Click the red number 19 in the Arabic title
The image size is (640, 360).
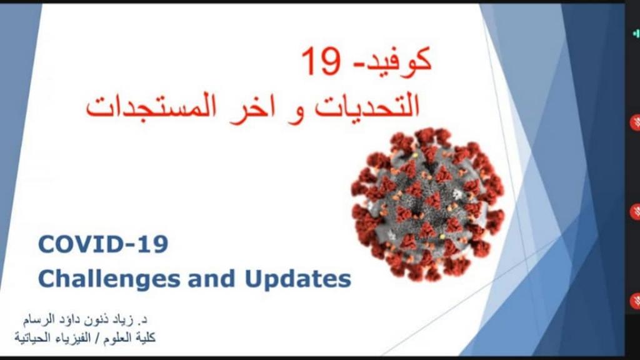(x=321, y=61)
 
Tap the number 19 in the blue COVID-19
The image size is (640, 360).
(x=155, y=244)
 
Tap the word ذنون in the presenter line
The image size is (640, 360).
(x=96, y=320)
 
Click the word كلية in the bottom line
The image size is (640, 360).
(x=145, y=338)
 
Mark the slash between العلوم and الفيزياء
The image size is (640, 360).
(x=97, y=338)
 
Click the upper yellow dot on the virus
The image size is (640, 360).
(x=416, y=156)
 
